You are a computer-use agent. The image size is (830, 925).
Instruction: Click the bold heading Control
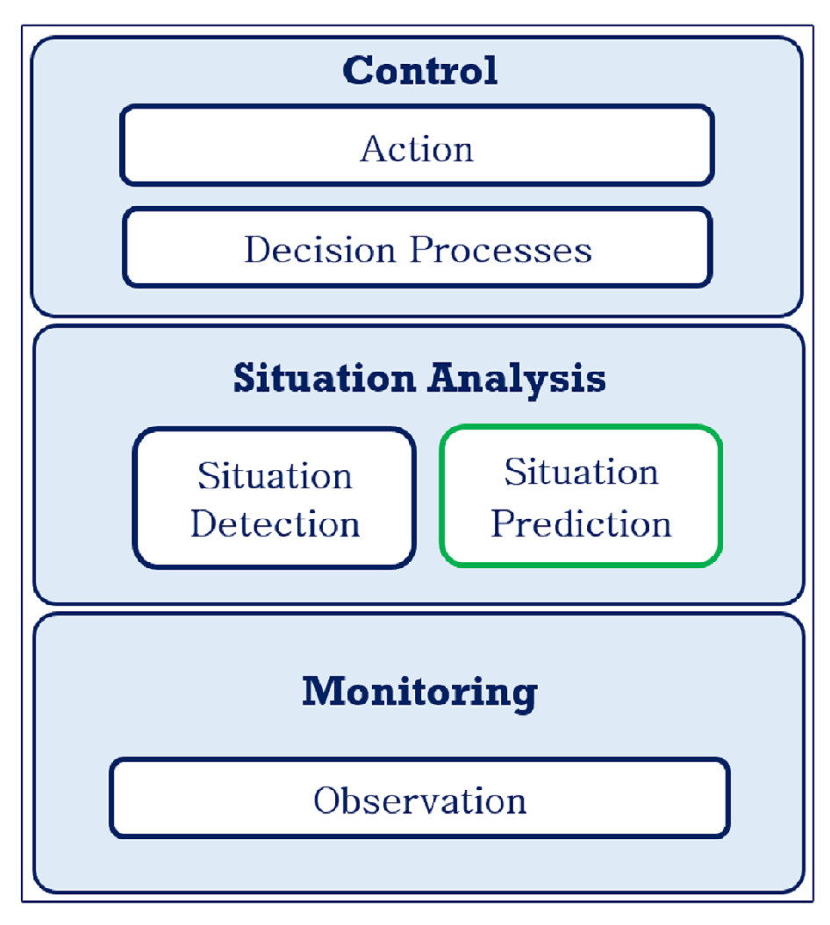419,71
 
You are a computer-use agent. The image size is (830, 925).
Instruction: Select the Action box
417,146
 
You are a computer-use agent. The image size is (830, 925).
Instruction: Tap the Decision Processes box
418,247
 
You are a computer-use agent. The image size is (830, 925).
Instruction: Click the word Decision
319,250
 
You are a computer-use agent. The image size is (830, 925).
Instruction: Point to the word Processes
501,250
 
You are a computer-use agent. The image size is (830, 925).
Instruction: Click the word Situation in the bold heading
324,378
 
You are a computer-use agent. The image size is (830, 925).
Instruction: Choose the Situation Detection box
275,499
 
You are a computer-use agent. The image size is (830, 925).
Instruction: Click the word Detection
275,523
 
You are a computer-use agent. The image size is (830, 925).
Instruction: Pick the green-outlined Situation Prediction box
581,496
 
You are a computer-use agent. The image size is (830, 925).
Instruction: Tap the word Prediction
582,523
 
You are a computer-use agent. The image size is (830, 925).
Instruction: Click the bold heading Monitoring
419,694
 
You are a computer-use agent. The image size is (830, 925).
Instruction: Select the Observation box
419,798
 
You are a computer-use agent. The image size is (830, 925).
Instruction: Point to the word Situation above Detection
275,475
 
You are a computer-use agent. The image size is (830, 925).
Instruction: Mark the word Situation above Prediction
582,472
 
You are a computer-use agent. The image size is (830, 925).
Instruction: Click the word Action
417,149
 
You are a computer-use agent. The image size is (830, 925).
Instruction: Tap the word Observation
419,800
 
